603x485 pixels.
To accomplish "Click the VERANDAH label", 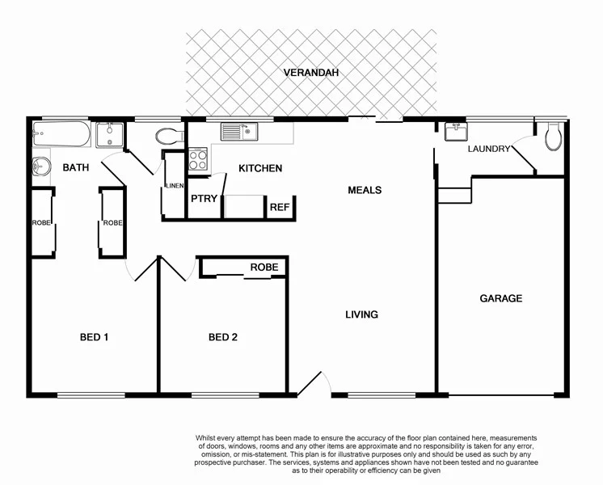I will pyautogui.click(x=311, y=73).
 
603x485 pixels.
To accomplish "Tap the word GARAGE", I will pyautogui.click(x=501, y=298).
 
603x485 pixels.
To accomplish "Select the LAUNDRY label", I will pyautogui.click(x=489, y=149).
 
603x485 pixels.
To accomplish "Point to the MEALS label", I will pyautogui.click(x=365, y=190).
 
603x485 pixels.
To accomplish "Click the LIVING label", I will pyautogui.click(x=361, y=314).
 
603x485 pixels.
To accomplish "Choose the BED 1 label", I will pyautogui.click(x=94, y=337).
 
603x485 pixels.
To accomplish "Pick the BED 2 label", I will pyautogui.click(x=222, y=337).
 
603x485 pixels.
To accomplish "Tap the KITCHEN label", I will pyautogui.click(x=259, y=168).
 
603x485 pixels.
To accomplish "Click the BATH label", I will pyautogui.click(x=77, y=167).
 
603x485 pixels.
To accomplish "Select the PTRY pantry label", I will pyautogui.click(x=204, y=199).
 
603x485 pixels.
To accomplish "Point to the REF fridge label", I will pyautogui.click(x=279, y=208).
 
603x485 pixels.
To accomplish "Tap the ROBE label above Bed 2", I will pyautogui.click(x=264, y=268).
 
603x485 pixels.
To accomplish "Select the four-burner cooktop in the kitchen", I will pyautogui.click(x=198, y=159).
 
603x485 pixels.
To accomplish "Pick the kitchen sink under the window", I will pyautogui.click(x=239, y=130).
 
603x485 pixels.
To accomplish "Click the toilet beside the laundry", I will pyautogui.click(x=553, y=137).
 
